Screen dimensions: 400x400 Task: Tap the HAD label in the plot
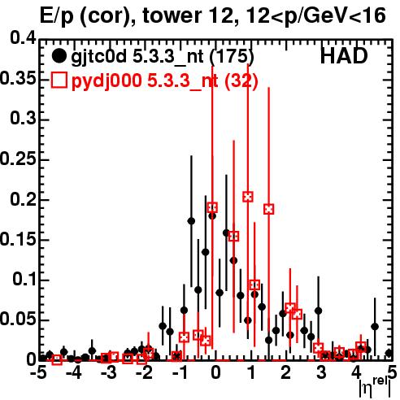click(x=344, y=56)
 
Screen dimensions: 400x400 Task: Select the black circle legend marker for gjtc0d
click(x=59, y=56)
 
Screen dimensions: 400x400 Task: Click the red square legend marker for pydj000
click(x=59, y=80)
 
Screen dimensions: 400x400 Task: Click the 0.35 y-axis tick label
click(x=18, y=78)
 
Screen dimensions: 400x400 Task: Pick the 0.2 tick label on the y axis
click(x=23, y=199)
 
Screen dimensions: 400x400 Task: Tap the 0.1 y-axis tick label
click(x=24, y=279)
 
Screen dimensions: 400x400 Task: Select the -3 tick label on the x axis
click(x=109, y=372)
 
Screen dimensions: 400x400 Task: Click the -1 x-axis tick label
click(x=180, y=372)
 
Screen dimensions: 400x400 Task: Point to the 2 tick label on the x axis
click(x=286, y=372)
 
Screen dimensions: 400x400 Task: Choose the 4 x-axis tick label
click(x=356, y=372)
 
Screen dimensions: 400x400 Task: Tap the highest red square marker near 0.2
click(x=248, y=197)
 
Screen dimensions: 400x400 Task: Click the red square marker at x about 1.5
click(x=268, y=209)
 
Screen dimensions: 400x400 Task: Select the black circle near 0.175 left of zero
click(x=191, y=221)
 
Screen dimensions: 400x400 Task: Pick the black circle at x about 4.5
click(x=375, y=327)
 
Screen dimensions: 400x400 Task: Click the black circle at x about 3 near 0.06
click(x=319, y=311)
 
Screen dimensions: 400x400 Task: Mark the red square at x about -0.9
click(x=184, y=337)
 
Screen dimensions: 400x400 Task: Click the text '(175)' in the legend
click(x=232, y=56)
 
